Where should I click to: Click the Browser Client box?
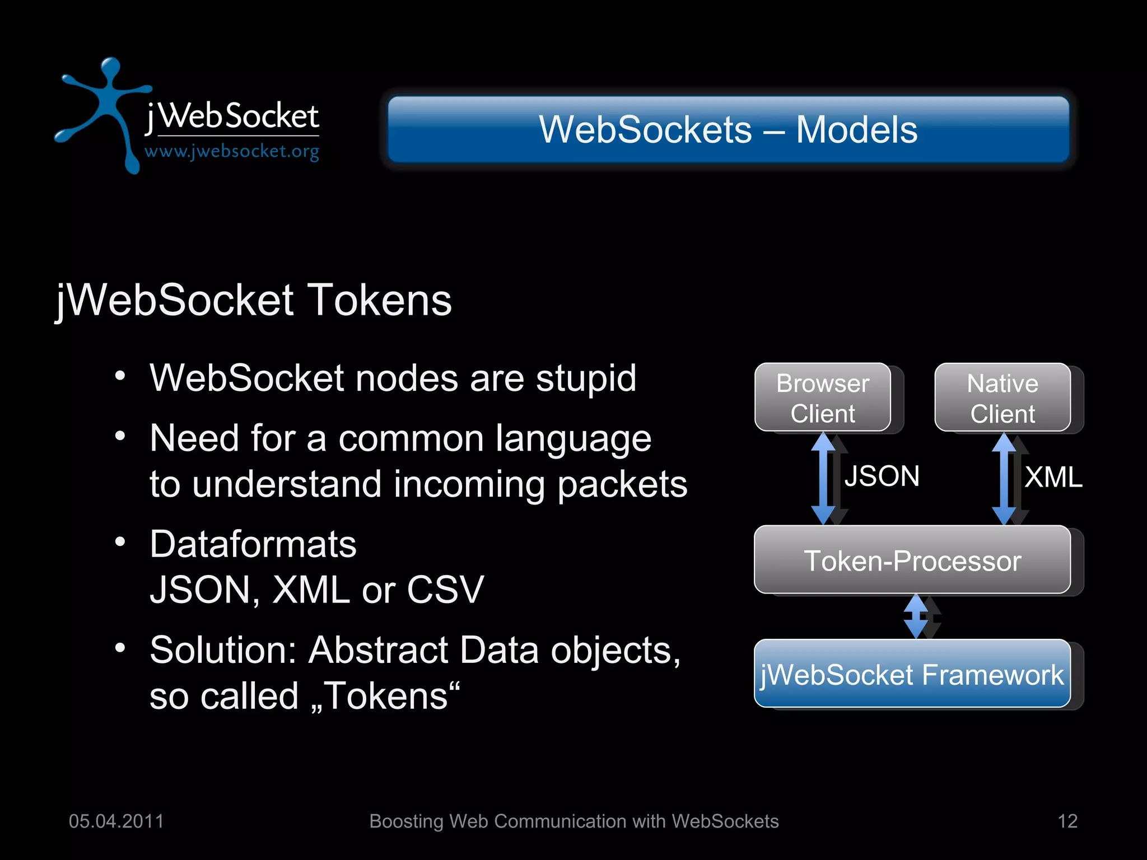[x=823, y=398]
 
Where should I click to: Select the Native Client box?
[x=1003, y=398]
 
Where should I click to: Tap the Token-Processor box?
[x=912, y=560]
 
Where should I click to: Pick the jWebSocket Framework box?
[x=912, y=674]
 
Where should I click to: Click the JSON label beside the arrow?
[x=882, y=476]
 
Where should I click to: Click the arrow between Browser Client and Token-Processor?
[x=823, y=478]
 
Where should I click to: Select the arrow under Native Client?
[x=1004, y=478]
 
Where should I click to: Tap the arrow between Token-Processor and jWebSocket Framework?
[x=916, y=616]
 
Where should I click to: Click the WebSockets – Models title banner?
[x=728, y=129]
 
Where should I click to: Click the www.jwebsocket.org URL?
[x=232, y=151]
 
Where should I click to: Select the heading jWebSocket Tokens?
[x=254, y=301]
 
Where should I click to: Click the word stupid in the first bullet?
[x=586, y=378]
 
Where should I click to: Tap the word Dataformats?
[x=253, y=544]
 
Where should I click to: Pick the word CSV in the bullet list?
[x=445, y=590]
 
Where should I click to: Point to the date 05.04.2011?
[x=116, y=821]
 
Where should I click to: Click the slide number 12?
[x=1067, y=821]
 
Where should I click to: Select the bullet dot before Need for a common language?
[x=120, y=436]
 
